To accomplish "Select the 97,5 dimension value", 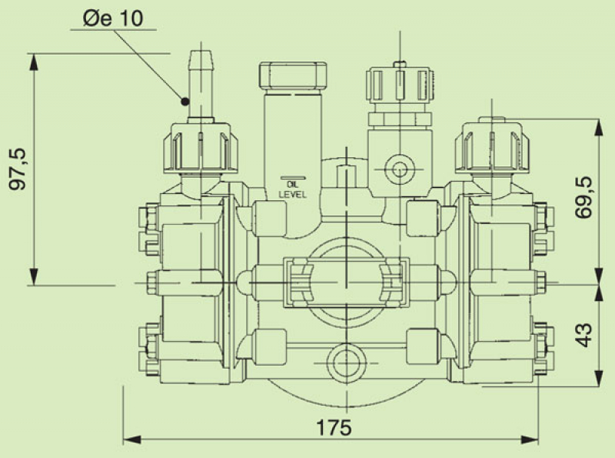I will coord(19,169).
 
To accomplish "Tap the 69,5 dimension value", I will coord(585,199).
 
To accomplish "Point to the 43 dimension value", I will coord(585,333).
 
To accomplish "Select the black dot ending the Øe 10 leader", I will coord(184,100).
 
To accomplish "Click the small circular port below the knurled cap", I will coord(399,169).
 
